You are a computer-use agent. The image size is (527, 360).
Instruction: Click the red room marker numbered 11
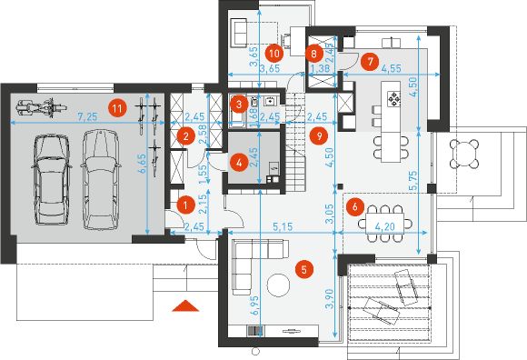(x=117, y=108)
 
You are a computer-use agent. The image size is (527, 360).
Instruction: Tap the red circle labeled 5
(x=304, y=269)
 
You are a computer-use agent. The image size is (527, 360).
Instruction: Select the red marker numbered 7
(x=370, y=62)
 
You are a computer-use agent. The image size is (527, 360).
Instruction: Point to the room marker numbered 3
(x=239, y=104)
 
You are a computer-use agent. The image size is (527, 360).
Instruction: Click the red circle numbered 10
(x=274, y=53)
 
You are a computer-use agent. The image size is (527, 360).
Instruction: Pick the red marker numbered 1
(x=185, y=205)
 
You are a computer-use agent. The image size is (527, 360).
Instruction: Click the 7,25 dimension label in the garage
(x=87, y=117)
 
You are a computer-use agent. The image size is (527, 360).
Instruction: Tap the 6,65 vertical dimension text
(x=143, y=164)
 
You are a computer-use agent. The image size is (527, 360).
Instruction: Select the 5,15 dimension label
(x=283, y=227)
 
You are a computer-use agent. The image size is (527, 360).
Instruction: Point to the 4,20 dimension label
(x=385, y=227)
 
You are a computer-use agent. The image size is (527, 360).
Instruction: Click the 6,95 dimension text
(x=254, y=305)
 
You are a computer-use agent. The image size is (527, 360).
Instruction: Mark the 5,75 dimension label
(x=413, y=181)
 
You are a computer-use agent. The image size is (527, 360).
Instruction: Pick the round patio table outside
(x=465, y=154)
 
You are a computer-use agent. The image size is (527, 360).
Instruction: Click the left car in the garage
(x=51, y=179)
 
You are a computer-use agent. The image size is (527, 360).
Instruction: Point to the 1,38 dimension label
(x=319, y=68)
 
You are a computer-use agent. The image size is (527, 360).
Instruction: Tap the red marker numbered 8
(x=313, y=53)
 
